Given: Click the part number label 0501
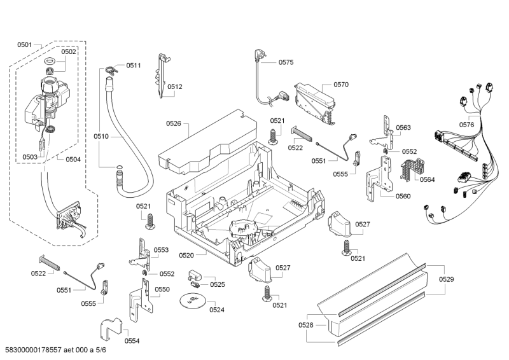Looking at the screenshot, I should (25, 45).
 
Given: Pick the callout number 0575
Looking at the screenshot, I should (286, 62).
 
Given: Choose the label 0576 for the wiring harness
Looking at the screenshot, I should (466, 125).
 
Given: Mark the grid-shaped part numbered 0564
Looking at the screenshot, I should (410, 169).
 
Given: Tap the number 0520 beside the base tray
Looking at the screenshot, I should (186, 255).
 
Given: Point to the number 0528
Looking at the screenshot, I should (306, 325).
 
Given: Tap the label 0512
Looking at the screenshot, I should (175, 87).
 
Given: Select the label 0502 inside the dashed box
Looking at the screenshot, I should (68, 52).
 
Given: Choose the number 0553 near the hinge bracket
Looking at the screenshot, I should (161, 250).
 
